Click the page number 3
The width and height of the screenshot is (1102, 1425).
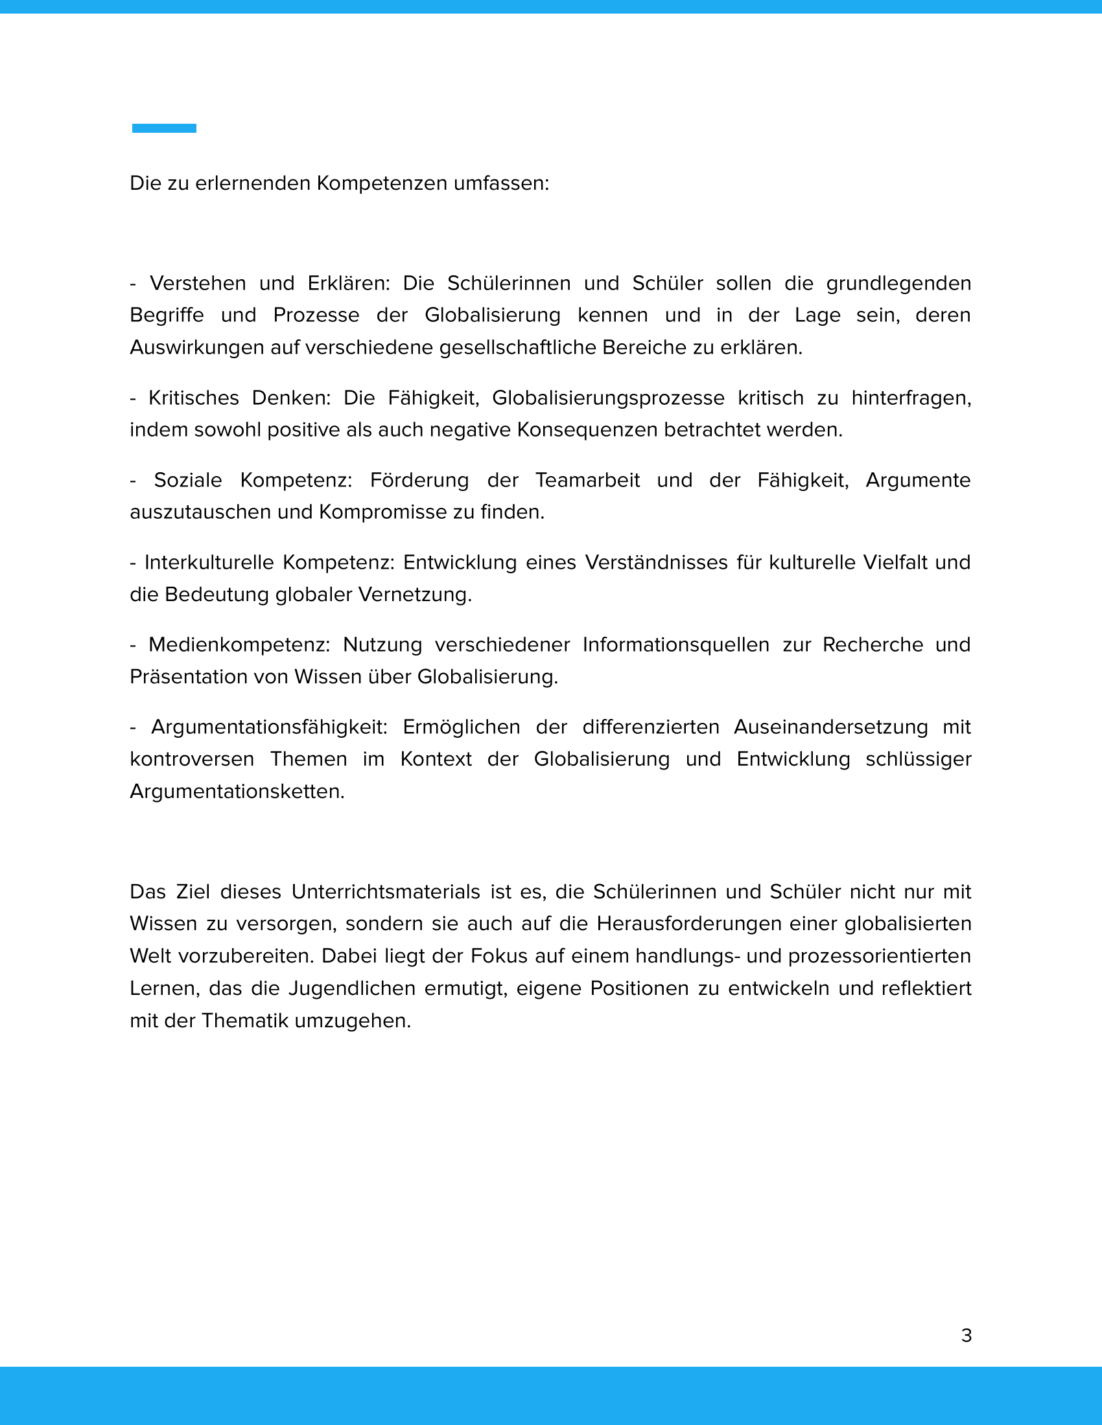coord(967,1336)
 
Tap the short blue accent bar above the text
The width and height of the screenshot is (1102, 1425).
coord(164,128)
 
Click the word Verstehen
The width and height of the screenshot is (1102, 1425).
coord(198,283)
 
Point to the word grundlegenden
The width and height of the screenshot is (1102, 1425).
coord(898,283)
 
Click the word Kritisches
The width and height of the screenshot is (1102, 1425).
coord(194,398)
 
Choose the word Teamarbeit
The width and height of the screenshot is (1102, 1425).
coord(587,480)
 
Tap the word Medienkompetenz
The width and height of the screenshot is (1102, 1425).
coord(239,644)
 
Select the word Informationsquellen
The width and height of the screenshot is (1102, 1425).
coord(675,644)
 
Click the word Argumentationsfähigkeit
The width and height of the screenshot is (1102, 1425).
coord(269,727)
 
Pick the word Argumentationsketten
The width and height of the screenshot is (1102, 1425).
coord(237,792)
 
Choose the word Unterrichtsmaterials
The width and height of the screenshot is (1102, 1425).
coord(386,892)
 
